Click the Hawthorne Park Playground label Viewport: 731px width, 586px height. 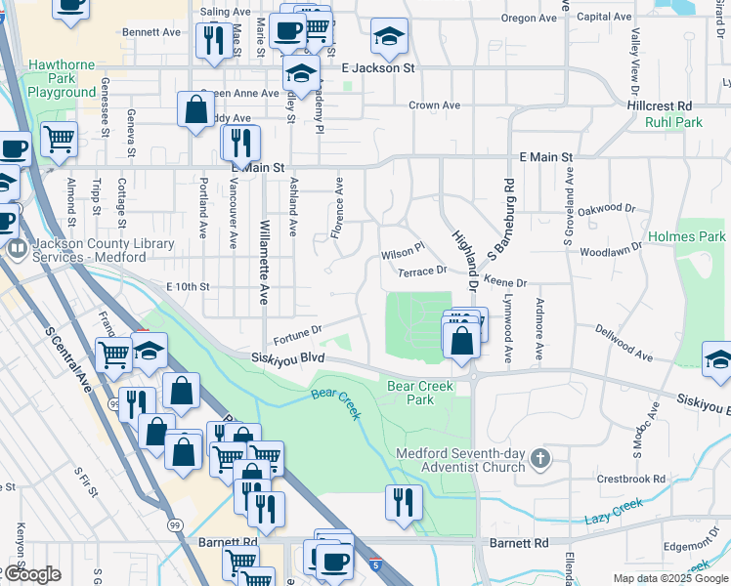click(x=61, y=78)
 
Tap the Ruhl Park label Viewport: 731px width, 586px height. click(x=673, y=123)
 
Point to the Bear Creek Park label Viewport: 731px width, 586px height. click(x=420, y=393)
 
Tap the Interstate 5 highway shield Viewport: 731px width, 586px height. click(x=376, y=564)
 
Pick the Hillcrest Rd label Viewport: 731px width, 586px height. click(x=660, y=105)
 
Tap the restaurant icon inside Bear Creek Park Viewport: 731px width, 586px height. click(x=402, y=501)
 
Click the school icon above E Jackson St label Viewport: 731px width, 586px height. click(x=389, y=37)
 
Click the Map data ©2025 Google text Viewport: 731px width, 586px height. click(x=670, y=578)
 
